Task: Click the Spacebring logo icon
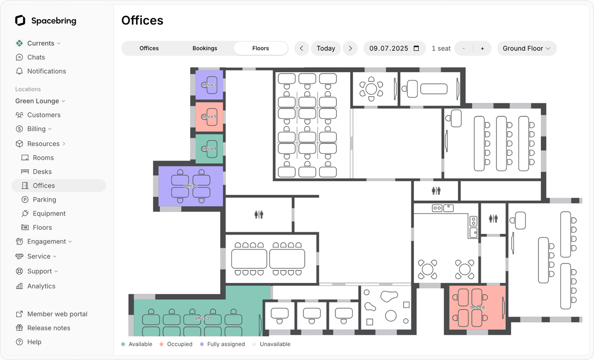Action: (x=20, y=21)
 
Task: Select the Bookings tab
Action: (x=205, y=48)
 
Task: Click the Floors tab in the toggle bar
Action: (x=261, y=48)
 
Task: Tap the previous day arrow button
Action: (x=301, y=48)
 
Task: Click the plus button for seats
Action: (x=482, y=48)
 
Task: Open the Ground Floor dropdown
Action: (x=526, y=48)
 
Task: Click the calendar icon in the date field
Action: (x=416, y=48)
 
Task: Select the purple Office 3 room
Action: (x=209, y=85)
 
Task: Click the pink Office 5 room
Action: (x=209, y=116)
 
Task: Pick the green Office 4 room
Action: (x=209, y=149)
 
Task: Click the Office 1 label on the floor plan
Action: (x=190, y=186)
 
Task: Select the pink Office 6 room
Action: (x=477, y=307)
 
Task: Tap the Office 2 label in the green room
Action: (x=202, y=318)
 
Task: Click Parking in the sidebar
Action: (x=44, y=200)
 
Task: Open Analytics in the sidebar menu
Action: (x=41, y=286)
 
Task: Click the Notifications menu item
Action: (x=46, y=71)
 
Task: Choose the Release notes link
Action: (x=48, y=328)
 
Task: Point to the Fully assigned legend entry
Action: (x=226, y=344)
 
